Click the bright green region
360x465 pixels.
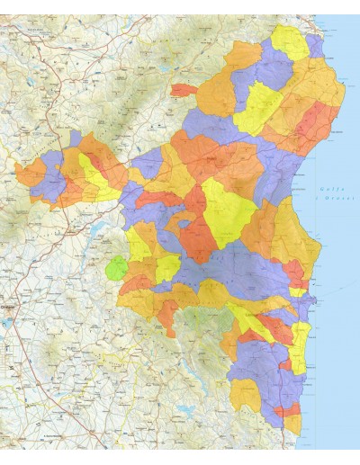coord(116,267)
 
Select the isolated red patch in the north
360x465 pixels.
coord(184,90)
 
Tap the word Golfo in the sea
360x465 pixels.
coord(330,188)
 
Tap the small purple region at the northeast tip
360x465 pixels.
coord(315,45)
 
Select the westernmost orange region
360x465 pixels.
coord(30,173)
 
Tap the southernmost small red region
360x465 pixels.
coord(290,411)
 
